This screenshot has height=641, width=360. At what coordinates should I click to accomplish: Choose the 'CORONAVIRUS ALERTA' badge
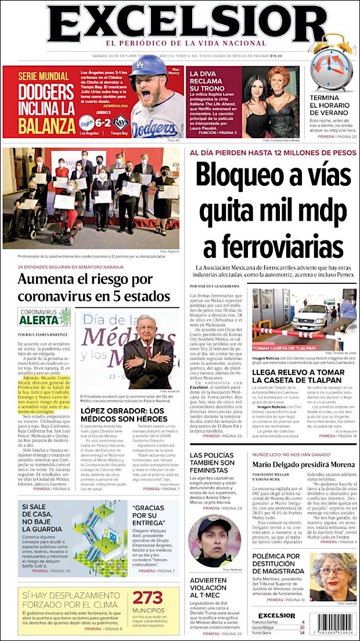pos(44,316)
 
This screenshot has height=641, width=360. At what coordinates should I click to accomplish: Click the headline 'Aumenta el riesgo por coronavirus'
pos(93,288)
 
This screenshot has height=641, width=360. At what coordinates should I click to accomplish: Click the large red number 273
pos(148,597)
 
